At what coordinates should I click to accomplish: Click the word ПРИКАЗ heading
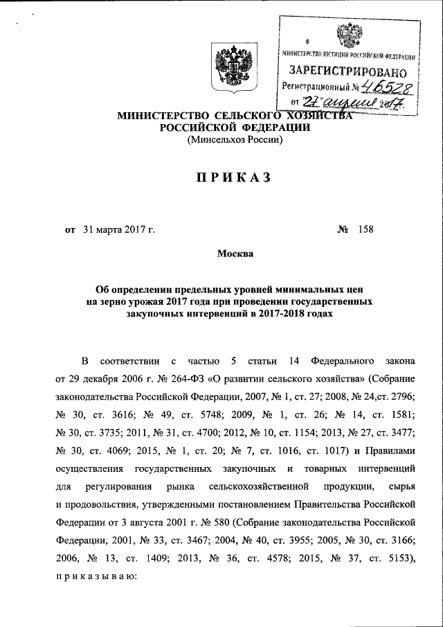click(221, 178)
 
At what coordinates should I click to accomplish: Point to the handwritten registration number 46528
click(385, 87)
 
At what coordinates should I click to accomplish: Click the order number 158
click(364, 229)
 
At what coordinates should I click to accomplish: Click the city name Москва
click(235, 254)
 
